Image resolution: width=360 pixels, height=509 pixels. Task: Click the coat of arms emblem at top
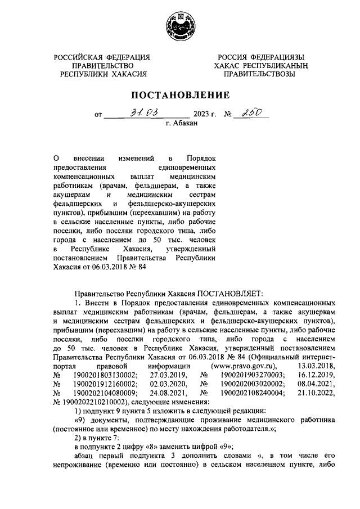pyautogui.click(x=180, y=28)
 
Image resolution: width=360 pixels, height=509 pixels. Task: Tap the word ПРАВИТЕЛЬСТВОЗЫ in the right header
pyautogui.click(x=259, y=74)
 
